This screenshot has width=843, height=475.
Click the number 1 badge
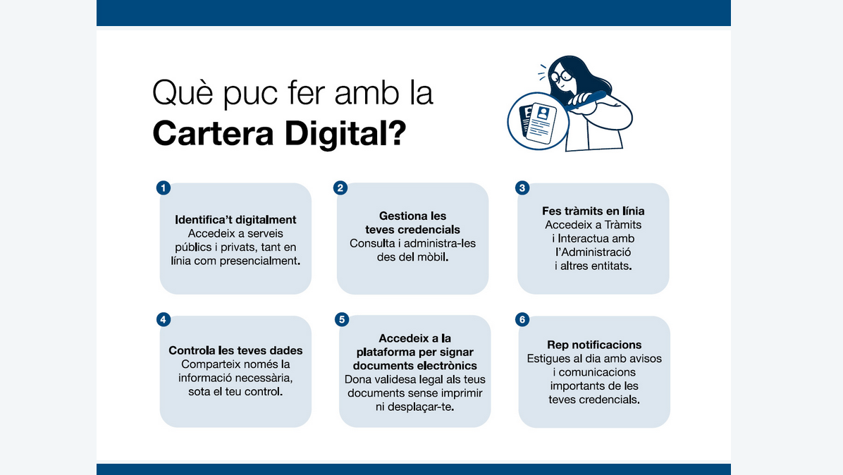click(x=164, y=187)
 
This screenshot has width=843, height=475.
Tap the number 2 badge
click(x=340, y=187)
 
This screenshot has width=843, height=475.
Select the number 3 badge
click(x=522, y=187)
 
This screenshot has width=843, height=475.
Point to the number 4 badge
click(x=164, y=320)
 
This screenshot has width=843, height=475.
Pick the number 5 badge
click(x=342, y=320)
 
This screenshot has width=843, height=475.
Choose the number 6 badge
click(x=522, y=320)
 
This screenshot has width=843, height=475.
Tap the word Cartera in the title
click(x=214, y=134)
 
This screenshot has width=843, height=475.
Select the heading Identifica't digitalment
click(x=235, y=220)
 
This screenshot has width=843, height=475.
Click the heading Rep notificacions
click(x=594, y=345)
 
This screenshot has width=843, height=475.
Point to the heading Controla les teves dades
click(x=235, y=350)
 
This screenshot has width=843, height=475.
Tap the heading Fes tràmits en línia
click(x=593, y=211)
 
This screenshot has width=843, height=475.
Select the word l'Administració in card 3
click(x=593, y=252)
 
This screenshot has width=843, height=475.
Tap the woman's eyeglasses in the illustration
click(x=561, y=76)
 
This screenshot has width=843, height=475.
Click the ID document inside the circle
click(x=541, y=124)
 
